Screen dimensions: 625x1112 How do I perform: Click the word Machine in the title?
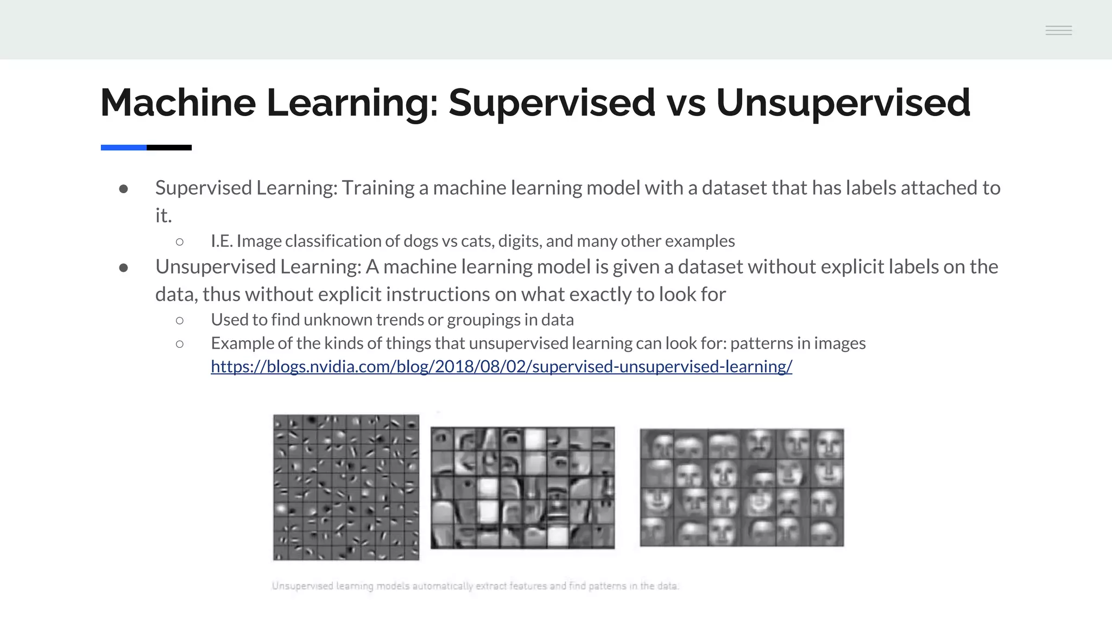pyautogui.click(x=178, y=103)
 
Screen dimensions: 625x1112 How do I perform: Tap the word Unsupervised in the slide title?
pyautogui.click(x=843, y=103)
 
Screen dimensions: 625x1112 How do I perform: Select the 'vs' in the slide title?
pyautogui.click(x=686, y=103)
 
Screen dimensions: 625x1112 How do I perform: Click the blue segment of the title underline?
pyautogui.click(x=123, y=148)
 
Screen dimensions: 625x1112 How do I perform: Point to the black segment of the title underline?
pyautogui.click(x=169, y=148)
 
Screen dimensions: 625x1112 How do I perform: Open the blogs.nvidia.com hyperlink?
pyautogui.click(x=501, y=367)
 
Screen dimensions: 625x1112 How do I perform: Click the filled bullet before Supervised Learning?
pyautogui.click(x=124, y=189)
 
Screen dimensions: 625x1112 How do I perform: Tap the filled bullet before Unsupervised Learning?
pyautogui.click(x=124, y=267)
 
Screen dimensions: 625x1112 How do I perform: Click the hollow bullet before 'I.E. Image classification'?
pyautogui.click(x=180, y=241)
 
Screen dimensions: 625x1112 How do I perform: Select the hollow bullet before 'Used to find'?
pyautogui.click(x=180, y=321)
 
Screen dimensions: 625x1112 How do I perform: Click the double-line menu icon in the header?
pyautogui.click(x=1058, y=30)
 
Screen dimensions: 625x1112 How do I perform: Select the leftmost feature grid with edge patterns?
pyautogui.click(x=346, y=487)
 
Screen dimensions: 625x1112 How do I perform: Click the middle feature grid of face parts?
pyautogui.click(x=522, y=487)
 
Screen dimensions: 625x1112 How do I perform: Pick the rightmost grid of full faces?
pyautogui.click(x=742, y=487)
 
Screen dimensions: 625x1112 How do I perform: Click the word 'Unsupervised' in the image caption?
pyautogui.click(x=302, y=586)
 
